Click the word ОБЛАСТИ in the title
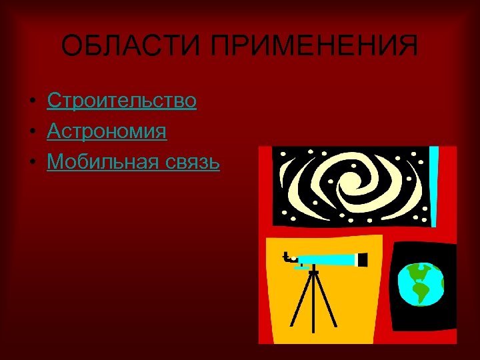click(126, 47)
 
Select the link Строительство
click(121, 101)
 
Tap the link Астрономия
click(107, 131)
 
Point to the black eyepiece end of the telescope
click(363, 259)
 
